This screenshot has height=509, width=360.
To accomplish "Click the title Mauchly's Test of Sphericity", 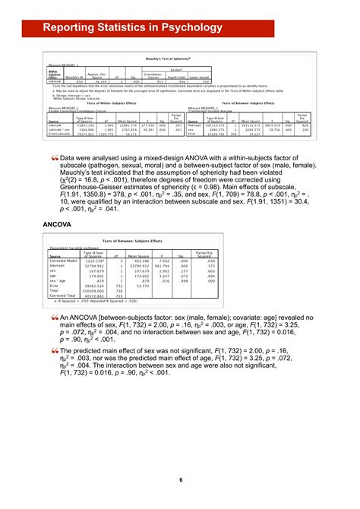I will tap(179, 58).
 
